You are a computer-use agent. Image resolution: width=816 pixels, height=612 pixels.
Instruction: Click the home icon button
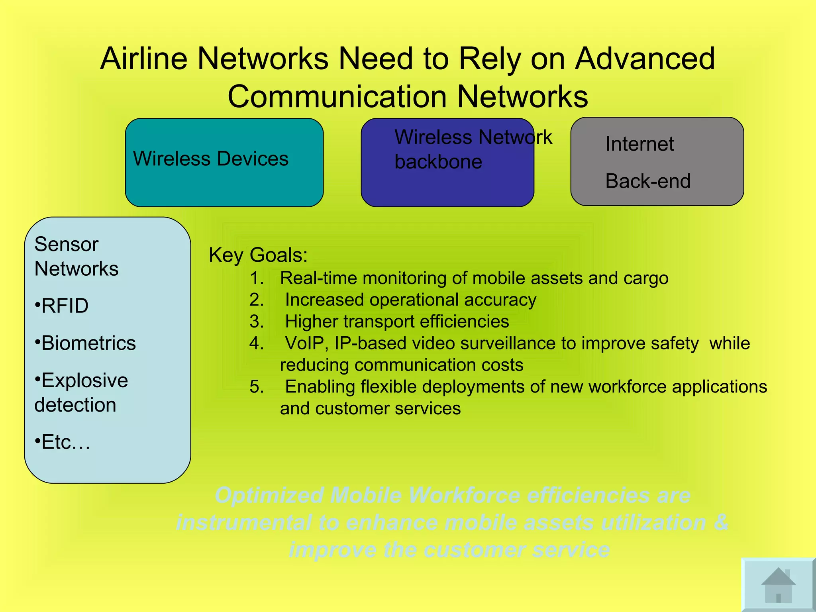pyautogui.click(x=778, y=585)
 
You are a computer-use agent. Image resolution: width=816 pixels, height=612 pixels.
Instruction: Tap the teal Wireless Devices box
pyautogui.click(x=224, y=163)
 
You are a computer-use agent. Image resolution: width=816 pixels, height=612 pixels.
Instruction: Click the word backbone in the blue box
pyautogui.click(x=438, y=162)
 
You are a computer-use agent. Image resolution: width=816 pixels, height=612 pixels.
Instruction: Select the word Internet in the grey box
pyautogui.click(x=639, y=144)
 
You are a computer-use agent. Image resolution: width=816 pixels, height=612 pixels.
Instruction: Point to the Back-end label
pyautogui.click(x=648, y=181)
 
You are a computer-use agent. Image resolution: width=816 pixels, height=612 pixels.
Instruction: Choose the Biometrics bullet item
pyautogui.click(x=85, y=343)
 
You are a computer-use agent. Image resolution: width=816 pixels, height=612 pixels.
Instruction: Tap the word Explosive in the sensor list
pyautogui.click(x=84, y=381)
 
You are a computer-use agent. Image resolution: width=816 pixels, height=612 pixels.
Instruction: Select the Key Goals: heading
pyautogui.click(x=258, y=255)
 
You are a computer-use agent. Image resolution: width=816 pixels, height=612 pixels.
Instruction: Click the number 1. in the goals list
pyautogui.click(x=257, y=278)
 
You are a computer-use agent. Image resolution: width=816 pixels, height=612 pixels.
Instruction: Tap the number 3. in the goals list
pyautogui.click(x=257, y=322)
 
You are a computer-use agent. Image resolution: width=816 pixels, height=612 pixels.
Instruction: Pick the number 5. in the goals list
pyautogui.click(x=257, y=387)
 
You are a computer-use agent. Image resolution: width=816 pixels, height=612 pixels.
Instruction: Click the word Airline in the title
pyautogui.click(x=144, y=59)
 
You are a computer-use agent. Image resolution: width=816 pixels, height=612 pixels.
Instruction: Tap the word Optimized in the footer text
pyautogui.click(x=269, y=496)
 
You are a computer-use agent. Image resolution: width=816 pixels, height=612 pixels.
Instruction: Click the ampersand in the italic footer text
pyautogui.click(x=721, y=523)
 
